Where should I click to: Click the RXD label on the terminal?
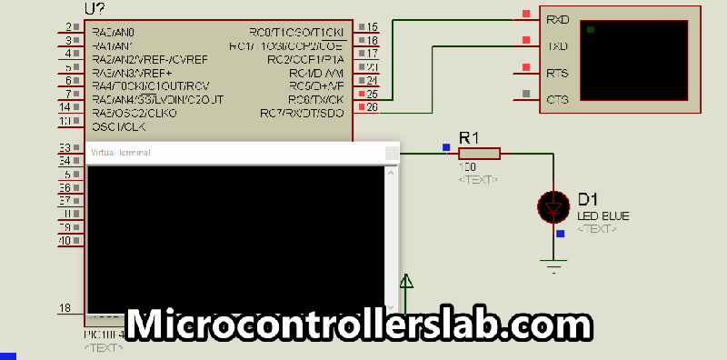point(557,18)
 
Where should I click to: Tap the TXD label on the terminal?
point(557,45)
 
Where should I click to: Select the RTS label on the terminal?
point(557,72)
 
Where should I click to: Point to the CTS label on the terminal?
point(557,99)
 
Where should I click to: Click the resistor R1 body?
point(478,154)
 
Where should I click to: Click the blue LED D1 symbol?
point(553,208)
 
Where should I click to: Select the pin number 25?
point(372,94)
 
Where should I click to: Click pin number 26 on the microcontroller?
point(372,108)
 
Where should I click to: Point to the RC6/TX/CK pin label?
point(315,99)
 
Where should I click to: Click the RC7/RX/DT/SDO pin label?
point(302,114)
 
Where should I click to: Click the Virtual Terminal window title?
point(121,152)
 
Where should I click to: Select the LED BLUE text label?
point(603,215)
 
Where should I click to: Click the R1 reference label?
point(469,136)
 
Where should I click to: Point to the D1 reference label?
point(588,199)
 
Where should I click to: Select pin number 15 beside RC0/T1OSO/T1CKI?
point(372,27)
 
